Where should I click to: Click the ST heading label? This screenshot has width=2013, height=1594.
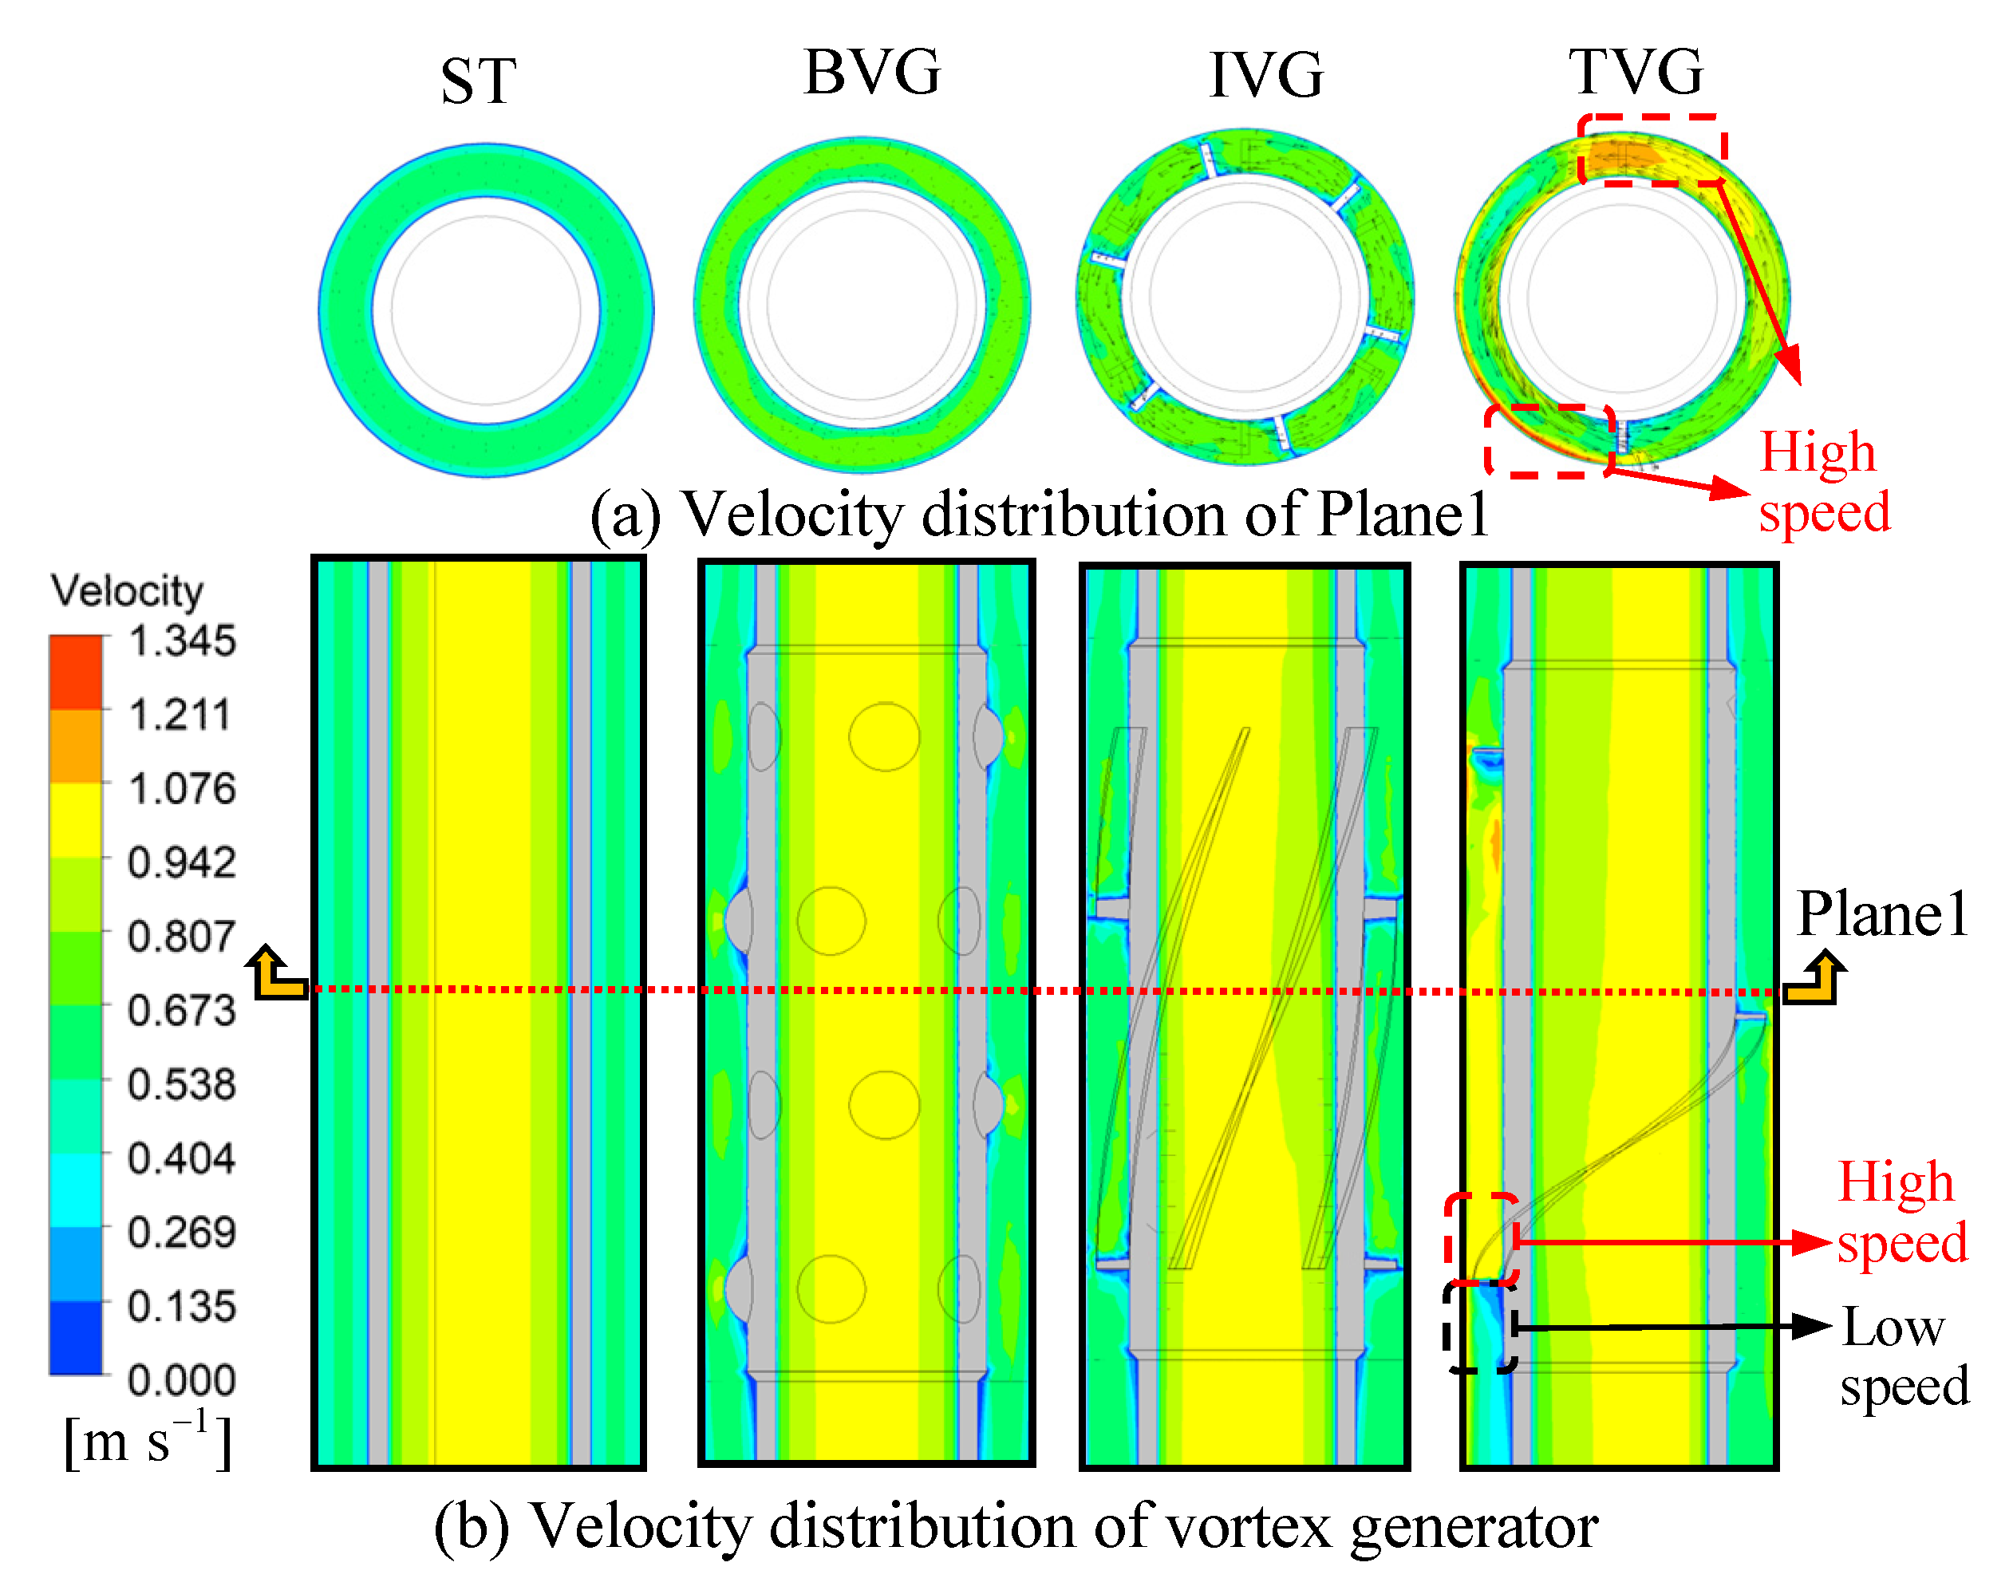coord(478,81)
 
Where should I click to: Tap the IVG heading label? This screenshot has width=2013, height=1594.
coord(1265,76)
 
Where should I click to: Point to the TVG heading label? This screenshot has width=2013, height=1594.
coord(1635,73)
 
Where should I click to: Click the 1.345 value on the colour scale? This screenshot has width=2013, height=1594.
coord(182,642)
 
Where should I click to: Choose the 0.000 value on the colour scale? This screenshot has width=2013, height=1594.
coord(182,1380)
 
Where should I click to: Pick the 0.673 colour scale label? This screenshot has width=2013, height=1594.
coord(182,1011)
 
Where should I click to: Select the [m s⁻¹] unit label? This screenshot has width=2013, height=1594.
coord(148,1442)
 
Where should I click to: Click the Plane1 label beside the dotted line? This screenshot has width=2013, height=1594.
coord(1881,913)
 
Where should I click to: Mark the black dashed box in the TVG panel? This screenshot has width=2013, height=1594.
coord(1480,1327)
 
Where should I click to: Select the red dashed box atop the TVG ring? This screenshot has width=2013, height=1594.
coord(1651,149)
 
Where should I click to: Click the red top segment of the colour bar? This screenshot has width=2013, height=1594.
coord(76,672)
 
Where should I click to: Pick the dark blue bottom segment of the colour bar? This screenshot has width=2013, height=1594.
coord(76,1337)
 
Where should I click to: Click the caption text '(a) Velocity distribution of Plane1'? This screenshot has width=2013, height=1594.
coord(1038,515)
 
